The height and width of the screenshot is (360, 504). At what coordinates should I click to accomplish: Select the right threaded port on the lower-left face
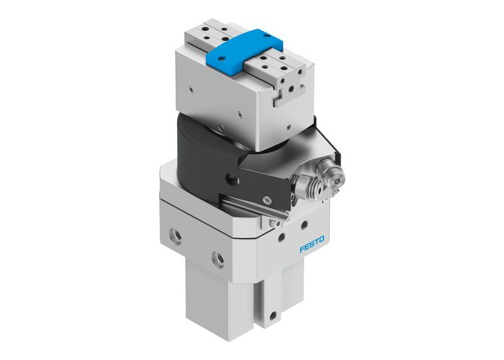[217, 256]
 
